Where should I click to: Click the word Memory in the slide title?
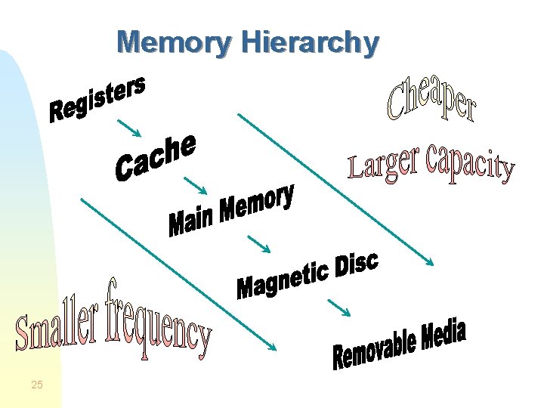173,43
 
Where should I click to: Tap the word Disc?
355,263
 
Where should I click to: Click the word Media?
443,336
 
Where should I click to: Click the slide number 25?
37,386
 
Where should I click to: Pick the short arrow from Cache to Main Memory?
196,184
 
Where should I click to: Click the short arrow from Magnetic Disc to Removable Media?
338,307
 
